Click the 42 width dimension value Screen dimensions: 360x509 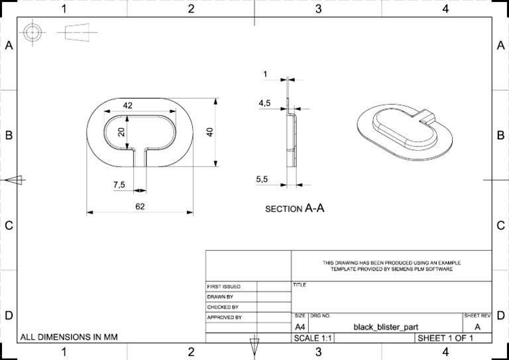(x=128, y=105)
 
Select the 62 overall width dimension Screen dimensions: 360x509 (x=140, y=206)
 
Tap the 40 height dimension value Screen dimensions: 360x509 (x=209, y=131)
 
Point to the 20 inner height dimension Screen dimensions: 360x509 (x=121, y=131)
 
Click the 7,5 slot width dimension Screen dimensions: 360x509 (x=119, y=185)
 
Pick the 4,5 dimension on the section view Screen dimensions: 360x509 (x=264, y=103)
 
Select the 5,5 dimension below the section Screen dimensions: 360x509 (x=262, y=179)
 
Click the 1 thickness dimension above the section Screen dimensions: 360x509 (x=265, y=74)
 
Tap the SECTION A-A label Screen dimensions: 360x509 (x=294, y=208)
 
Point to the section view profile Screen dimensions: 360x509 (x=290, y=136)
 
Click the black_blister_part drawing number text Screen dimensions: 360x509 (x=386, y=326)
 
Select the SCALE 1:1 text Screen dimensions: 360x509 (x=313, y=338)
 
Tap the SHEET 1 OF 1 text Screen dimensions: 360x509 (x=445, y=338)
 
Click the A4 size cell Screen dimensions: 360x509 (x=300, y=326)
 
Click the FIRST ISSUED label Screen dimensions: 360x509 (x=224, y=286)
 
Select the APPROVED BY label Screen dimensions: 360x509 (x=225, y=318)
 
